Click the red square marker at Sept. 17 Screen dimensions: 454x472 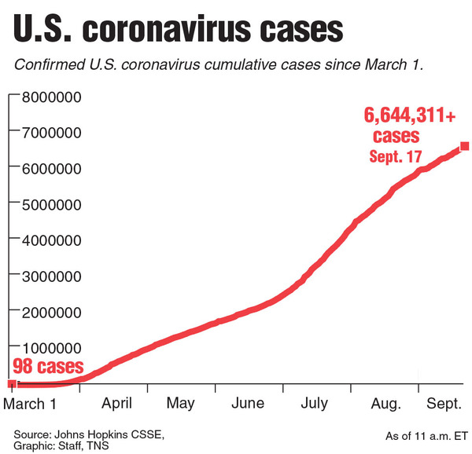click(x=464, y=146)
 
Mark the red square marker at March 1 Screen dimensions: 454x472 click(x=11, y=383)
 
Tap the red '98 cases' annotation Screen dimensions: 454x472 click(x=49, y=366)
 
